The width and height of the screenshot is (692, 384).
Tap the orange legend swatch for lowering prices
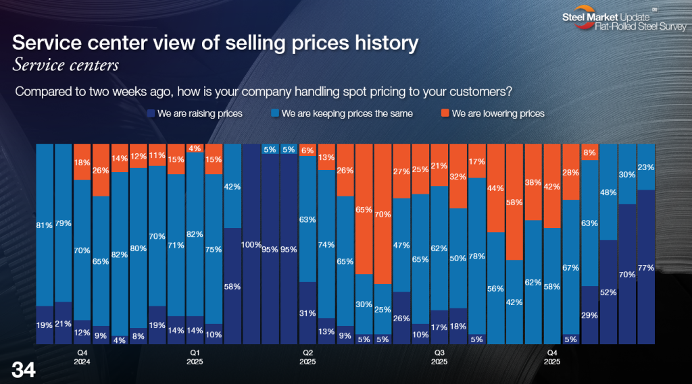coord(445,113)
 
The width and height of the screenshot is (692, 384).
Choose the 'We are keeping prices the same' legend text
coord(347,113)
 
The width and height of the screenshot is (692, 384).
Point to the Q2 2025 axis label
coord(308,356)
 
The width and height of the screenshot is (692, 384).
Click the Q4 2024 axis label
coord(82,356)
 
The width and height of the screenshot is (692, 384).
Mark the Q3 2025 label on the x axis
coord(439,356)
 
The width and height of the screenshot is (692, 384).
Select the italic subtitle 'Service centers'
coord(66,65)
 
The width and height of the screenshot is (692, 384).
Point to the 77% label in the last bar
coord(645,267)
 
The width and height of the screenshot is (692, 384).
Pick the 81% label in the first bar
coord(45,225)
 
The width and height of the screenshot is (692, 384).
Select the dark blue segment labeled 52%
coord(608,292)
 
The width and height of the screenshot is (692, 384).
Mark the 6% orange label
coord(307,150)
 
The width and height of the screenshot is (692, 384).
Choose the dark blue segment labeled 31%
coord(307,312)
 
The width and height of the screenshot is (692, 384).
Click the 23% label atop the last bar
coord(645,167)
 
